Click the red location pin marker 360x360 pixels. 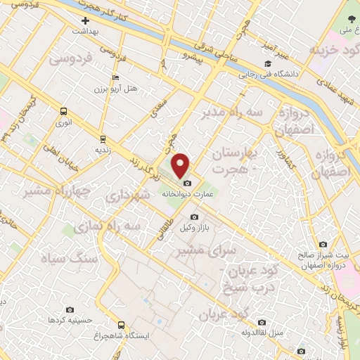[x=182, y=165]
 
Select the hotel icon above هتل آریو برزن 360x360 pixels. [x=116, y=78]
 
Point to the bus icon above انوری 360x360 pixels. [x=64, y=111]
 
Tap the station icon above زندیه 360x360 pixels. [x=103, y=139]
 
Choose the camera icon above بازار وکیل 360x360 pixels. [x=194, y=217]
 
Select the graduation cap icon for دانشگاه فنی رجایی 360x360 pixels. [x=267, y=63]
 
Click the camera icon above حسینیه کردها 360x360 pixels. [x=70, y=309]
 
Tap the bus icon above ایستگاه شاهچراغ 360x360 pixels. [x=122, y=325]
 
